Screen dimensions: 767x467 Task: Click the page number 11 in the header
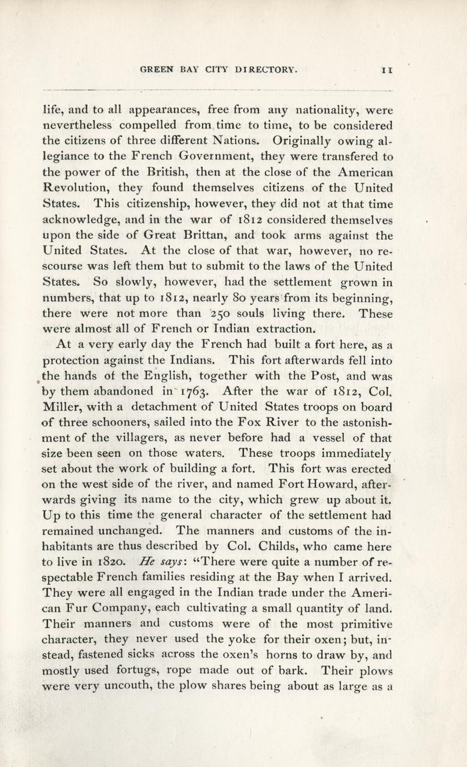tap(388, 71)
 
